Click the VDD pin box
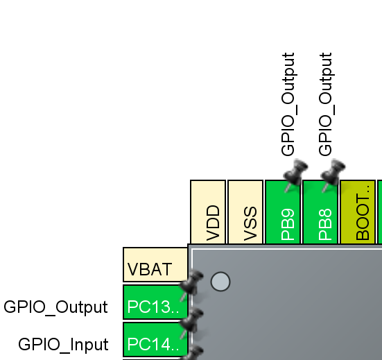click(x=208, y=212)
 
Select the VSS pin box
click(x=245, y=212)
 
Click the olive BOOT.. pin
click(x=358, y=212)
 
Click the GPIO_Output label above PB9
click(x=288, y=104)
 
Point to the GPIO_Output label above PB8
click(x=326, y=104)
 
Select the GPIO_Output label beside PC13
click(x=55, y=307)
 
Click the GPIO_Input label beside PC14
click(x=63, y=344)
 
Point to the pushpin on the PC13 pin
click(x=191, y=283)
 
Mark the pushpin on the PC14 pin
click(x=191, y=320)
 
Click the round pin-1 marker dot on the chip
click(x=220, y=281)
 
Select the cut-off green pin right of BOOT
click(x=379, y=212)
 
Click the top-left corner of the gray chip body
click(x=190, y=246)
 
